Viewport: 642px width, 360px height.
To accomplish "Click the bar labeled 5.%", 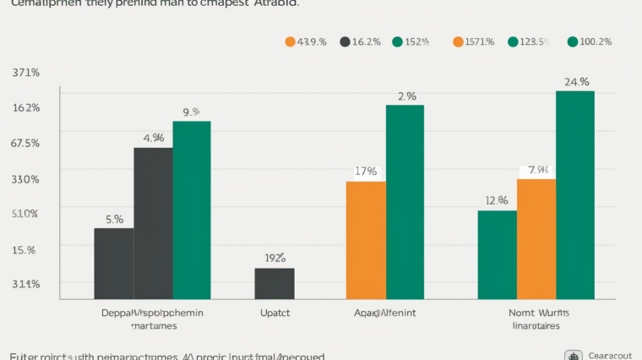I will click(x=113, y=263).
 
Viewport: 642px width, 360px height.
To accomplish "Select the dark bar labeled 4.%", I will click(x=153, y=223).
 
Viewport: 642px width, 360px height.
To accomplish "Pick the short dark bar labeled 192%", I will click(x=275, y=283).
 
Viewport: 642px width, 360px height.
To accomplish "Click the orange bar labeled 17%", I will click(x=366, y=240).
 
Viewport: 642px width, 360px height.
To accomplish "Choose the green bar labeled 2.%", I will click(x=405, y=202).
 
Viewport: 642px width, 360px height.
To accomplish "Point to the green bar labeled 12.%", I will click(x=497, y=254).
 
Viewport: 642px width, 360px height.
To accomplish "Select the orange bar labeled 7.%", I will click(x=536, y=238).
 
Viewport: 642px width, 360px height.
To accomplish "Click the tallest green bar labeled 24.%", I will click(x=575, y=194).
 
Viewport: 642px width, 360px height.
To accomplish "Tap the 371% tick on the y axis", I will click(x=25, y=73).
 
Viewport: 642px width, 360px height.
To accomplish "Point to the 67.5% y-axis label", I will click(x=25, y=143).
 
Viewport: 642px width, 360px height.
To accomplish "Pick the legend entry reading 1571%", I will click(x=479, y=41).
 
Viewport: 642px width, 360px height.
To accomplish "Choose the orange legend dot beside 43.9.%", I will click(x=291, y=41).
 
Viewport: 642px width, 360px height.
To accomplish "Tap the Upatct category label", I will click(x=275, y=313).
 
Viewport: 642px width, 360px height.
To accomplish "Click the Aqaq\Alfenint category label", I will click(x=385, y=313).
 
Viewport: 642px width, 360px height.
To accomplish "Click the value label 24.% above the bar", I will click(x=576, y=82).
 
